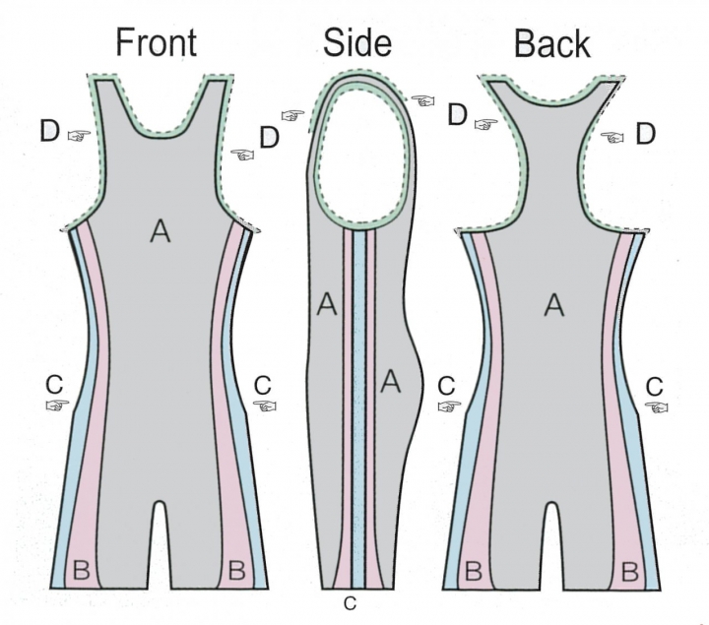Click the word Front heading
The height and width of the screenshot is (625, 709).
[157, 42]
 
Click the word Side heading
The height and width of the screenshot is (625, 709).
[357, 42]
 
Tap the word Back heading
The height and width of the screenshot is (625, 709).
[552, 44]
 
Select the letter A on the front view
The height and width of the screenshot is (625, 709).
[161, 231]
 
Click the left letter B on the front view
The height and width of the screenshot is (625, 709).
[82, 570]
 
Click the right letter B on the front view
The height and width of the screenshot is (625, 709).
[237, 570]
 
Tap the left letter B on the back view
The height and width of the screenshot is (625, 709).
[474, 571]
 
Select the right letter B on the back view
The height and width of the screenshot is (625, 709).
[630, 572]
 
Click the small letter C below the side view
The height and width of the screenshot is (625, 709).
[350, 603]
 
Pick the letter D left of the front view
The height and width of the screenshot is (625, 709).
[50, 131]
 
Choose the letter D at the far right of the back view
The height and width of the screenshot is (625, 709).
[646, 134]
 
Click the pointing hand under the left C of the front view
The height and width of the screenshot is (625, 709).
[57, 406]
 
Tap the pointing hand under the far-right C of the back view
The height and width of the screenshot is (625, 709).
[657, 407]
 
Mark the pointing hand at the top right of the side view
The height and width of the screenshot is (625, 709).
[422, 100]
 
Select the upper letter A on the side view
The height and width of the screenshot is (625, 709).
[327, 304]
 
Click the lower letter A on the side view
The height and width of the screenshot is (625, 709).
[391, 381]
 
